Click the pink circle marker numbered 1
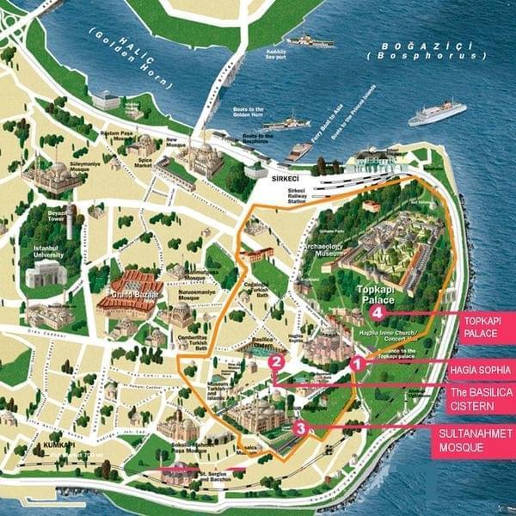coord(357,364)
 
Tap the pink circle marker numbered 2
coord(276,363)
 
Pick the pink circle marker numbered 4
coord(378,313)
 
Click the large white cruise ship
coord(437,113)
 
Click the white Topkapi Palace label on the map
coord(375,295)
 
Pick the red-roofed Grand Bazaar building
coord(133,286)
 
